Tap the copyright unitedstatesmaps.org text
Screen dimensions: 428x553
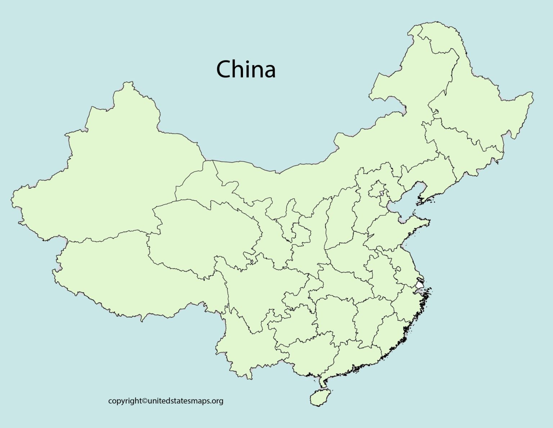pyautogui.click(x=166, y=401)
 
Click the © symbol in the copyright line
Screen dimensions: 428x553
pyautogui.click(x=145, y=401)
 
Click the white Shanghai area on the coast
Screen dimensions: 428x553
pyautogui.click(x=419, y=285)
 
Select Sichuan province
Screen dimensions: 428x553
pyautogui.click(x=259, y=288)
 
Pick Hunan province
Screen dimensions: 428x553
pyautogui.click(x=335, y=317)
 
